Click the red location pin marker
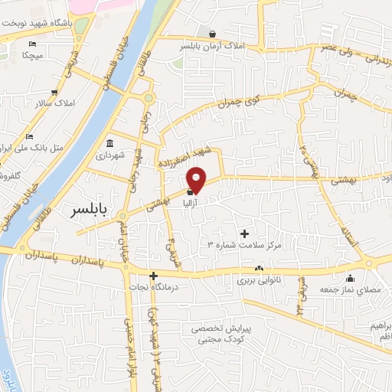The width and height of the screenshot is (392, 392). (x=197, y=178)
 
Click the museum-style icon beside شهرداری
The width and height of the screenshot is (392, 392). (x=110, y=143)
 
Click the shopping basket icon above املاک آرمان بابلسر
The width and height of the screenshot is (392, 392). (x=212, y=34)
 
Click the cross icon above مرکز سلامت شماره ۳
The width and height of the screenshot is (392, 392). (x=245, y=233)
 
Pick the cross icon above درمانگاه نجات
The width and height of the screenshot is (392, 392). (x=154, y=276)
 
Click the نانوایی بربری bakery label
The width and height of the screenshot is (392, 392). (x=259, y=281)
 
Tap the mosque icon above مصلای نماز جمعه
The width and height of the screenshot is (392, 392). (x=351, y=277)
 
